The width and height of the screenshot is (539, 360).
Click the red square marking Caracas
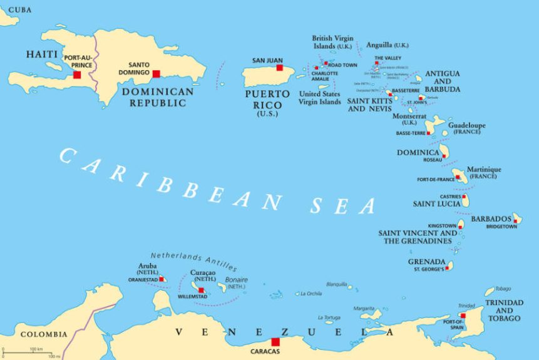(275, 342)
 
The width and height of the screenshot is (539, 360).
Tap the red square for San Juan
(280, 68)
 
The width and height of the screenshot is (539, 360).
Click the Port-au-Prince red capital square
(77, 75)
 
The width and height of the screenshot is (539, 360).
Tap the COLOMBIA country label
(44, 334)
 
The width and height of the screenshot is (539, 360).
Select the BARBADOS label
(491, 219)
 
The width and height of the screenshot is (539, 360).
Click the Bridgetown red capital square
(515, 220)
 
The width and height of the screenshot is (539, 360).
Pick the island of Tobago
(490, 292)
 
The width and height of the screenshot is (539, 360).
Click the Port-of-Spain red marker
(463, 316)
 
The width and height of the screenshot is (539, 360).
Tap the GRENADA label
(426, 262)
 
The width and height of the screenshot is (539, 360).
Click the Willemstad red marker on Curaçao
(201, 290)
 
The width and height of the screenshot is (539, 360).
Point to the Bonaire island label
(237, 279)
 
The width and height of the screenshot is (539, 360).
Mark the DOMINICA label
(418, 152)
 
